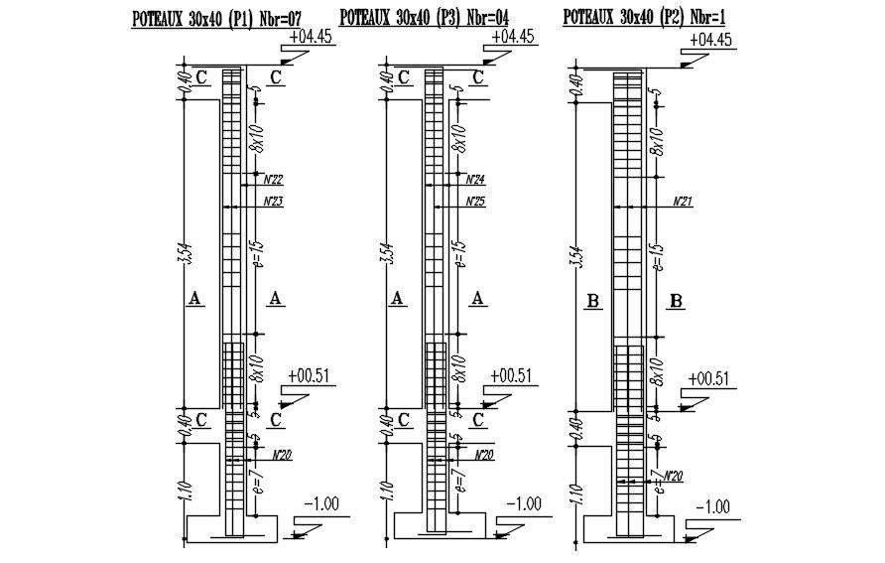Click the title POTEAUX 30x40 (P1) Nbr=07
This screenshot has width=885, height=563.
(x=216, y=17)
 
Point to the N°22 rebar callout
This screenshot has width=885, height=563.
(x=273, y=180)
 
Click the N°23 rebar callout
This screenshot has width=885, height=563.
(x=273, y=202)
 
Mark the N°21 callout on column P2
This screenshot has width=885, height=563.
(x=682, y=202)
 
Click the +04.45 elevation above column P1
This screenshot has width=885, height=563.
(x=312, y=37)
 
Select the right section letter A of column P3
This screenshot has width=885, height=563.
(x=479, y=298)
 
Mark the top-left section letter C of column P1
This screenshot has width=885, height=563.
(x=201, y=76)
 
